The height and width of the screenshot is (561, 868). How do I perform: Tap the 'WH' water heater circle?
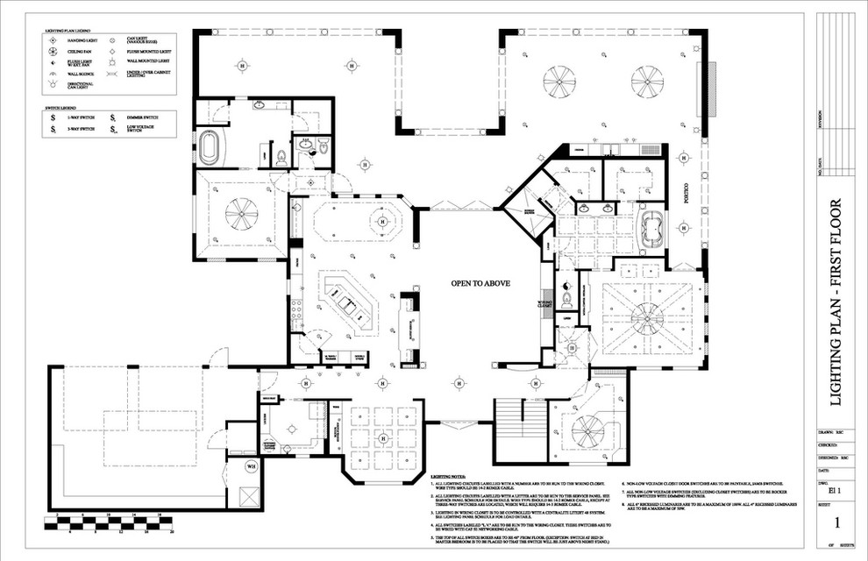coord(250,465)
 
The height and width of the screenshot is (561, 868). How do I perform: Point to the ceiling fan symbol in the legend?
coord(54,51)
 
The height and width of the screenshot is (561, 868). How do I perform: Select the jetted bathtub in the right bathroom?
coord(651,228)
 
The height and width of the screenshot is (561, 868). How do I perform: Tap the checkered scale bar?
coord(115,523)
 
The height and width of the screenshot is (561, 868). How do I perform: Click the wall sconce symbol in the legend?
coord(54,75)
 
